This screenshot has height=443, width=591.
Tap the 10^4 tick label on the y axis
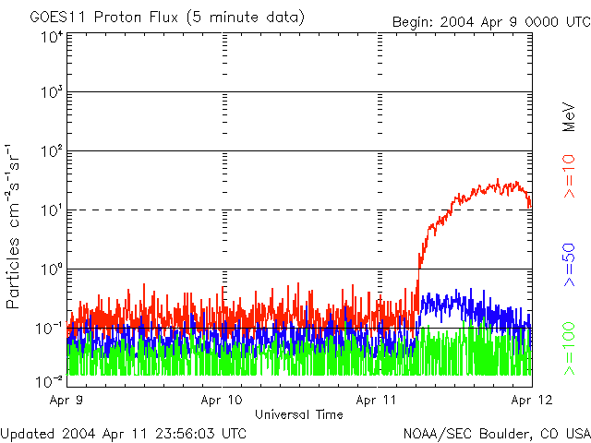click(x=51, y=37)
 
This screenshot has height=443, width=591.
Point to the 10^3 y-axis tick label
click(x=51, y=94)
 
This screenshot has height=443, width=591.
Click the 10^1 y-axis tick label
click(x=51, y=211)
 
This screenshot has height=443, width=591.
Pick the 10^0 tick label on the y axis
click(x=51, y=270)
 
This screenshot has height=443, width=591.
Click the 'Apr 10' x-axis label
click(x=222, y=401)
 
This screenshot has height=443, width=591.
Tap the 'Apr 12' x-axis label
click(x=531, y=401)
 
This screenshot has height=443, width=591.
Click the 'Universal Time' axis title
click(x=298, y=414)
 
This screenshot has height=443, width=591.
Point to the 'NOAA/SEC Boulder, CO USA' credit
click(x=496, y=433)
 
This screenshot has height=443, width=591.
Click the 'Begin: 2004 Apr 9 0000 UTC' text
click(x=489, y=21)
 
